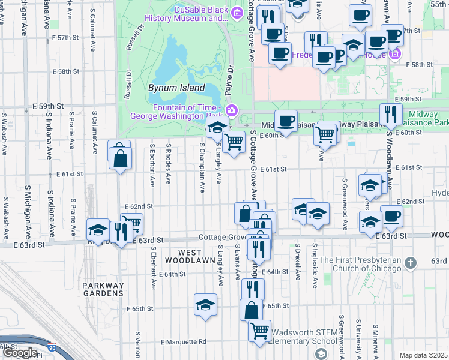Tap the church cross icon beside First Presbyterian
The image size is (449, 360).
pyautogui.click(x=410, y=263)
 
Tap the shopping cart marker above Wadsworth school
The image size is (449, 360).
pyautogui.click(x=259, y=329)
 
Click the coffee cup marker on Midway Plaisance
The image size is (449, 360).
pyautogui.click(x=286, y=120)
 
